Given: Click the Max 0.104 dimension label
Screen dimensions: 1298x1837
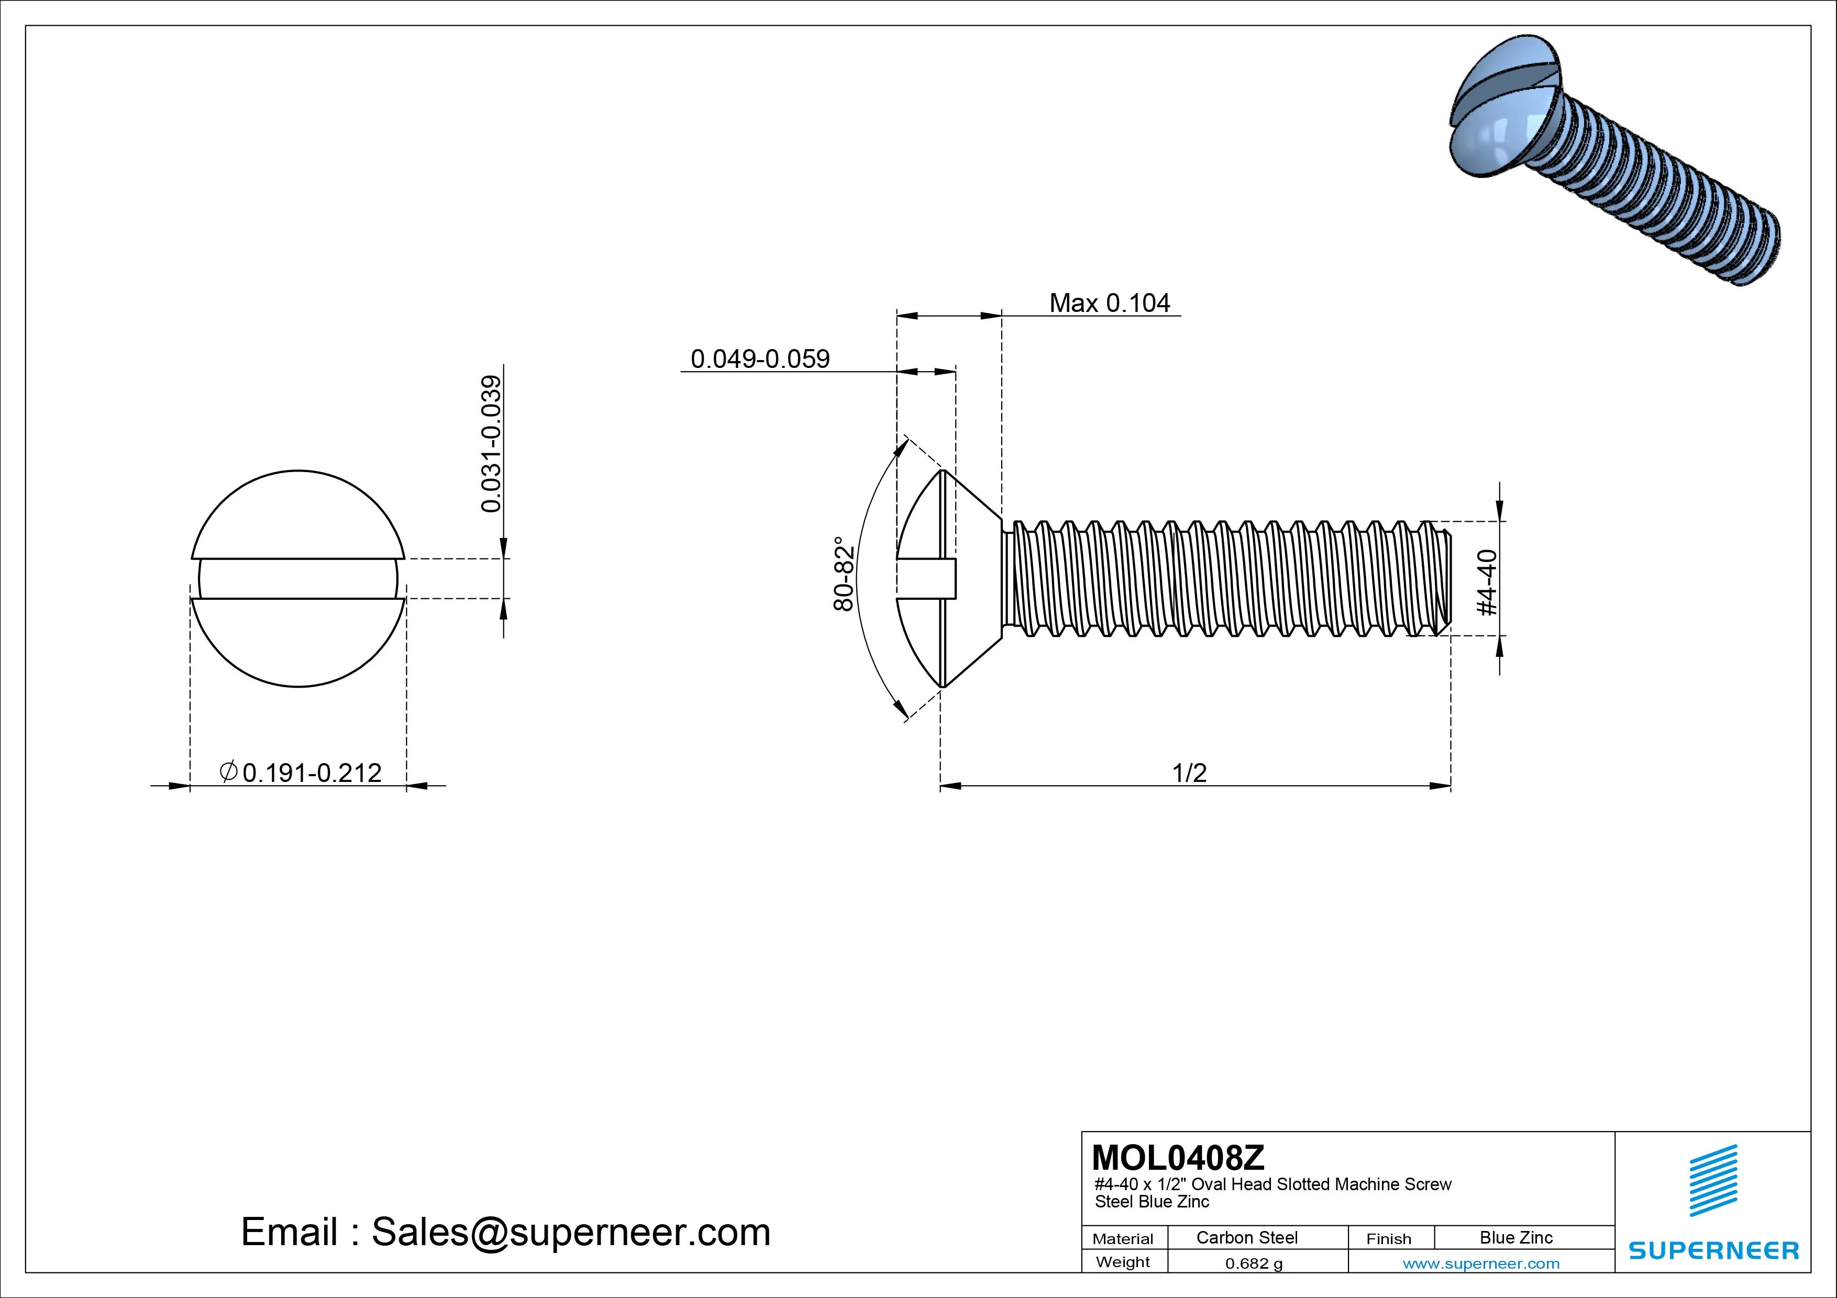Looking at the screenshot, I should pos(1109,303).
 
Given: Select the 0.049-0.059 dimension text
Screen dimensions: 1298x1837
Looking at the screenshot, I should pos(760,359).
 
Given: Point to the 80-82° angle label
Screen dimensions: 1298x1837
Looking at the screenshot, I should pos(845,574).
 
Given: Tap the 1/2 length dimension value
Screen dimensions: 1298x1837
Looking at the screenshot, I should pos(1189,773).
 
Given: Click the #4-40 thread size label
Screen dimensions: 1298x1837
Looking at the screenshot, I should pos(1487,582).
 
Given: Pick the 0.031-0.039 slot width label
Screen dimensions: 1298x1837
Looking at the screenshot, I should pos(491,444).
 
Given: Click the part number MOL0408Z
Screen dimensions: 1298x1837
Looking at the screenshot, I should pos(1178,1157).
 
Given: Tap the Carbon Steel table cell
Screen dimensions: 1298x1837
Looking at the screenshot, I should pos(1246,1237).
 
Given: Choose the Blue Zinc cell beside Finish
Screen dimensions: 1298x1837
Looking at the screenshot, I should pos(1515,1237).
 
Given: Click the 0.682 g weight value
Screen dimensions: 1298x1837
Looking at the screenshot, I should pos(1254,1263).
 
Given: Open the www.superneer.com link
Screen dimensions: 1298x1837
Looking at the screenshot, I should pos(1481,1263).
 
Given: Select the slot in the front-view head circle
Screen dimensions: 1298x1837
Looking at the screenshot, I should pos(298,578).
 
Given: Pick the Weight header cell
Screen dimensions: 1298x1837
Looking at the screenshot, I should pos(1123,1262).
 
